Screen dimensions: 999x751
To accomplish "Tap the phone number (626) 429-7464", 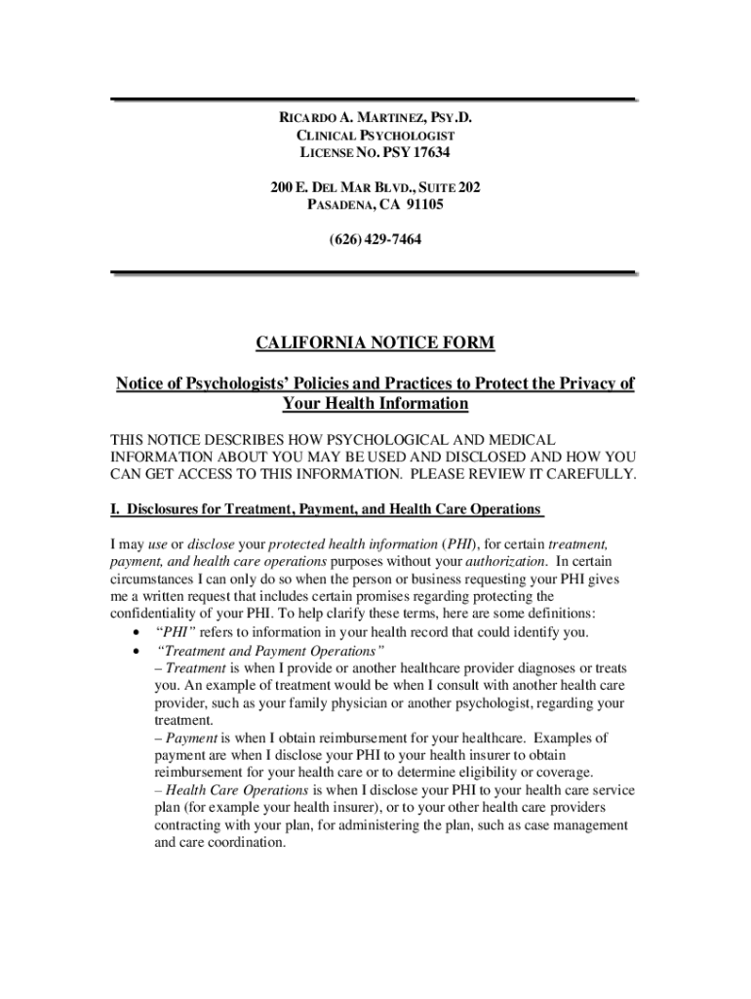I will (x=375, y=239).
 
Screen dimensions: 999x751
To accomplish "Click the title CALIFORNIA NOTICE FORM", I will (x=375, y=342).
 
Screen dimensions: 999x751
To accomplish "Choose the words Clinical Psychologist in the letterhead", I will (x=375, y=136).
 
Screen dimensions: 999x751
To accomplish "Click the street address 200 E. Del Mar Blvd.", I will (x=337, y=186).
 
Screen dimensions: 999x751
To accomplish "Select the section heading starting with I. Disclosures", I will (x=325, y=509).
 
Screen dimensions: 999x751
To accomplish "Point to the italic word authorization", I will (x=506, y=562).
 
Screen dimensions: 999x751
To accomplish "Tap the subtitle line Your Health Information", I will (x=375, y=404).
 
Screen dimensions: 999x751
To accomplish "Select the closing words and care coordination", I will (x=219, y=843).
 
